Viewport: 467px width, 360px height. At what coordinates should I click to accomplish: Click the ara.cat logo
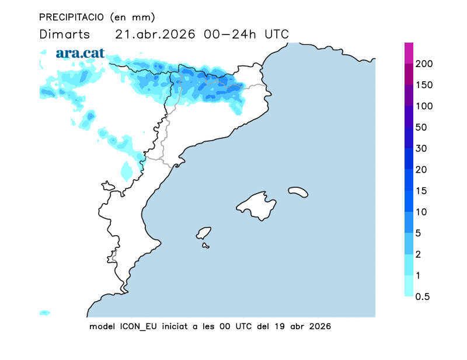pos(80,53)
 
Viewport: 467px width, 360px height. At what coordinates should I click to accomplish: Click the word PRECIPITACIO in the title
pos(71,17)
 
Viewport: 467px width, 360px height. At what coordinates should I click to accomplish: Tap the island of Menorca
pos(298,191)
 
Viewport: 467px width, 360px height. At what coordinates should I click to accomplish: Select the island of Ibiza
pos(204,233)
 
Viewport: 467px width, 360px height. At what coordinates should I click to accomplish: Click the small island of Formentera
pos(205,246)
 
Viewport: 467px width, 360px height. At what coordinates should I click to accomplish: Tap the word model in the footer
pos(102,326)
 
